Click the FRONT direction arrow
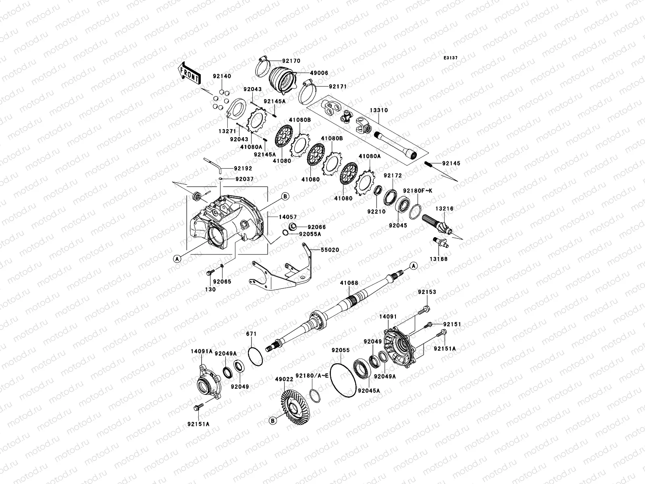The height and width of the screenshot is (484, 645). click(189, 73)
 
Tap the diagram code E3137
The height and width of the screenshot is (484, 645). click(451, 58)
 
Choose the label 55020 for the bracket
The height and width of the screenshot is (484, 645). click(330, 250)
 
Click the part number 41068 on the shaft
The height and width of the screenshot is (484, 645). click(348, 283)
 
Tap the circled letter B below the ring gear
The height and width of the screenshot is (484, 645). click(273, 421)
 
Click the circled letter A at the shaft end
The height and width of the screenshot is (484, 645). click(413, 265)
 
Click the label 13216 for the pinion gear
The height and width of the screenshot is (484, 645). click(444, 209)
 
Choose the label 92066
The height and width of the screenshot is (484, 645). click(316, 227)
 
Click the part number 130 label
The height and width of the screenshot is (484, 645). click(211, 289)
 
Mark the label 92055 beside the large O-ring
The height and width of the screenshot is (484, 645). click(341, 350)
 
